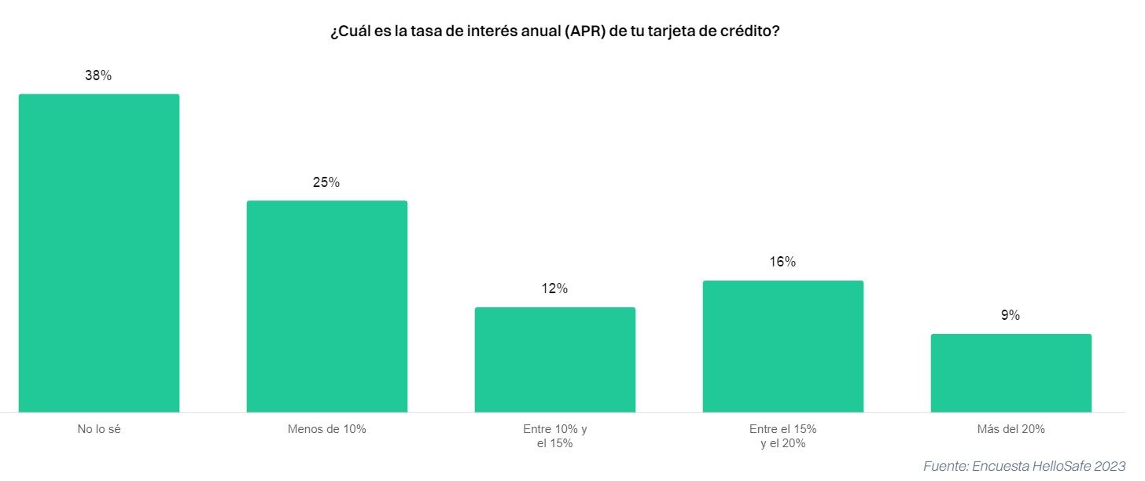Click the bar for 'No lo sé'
(99, 253)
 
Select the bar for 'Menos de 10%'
(327, 307)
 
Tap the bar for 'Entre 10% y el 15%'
(555, 359)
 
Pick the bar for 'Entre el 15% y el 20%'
(783, 346)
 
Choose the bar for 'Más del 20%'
(1011, 373)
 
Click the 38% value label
(99, 76)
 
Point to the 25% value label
(327, 182)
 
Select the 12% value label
(555, 288)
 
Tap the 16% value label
(783, 262)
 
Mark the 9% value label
(1011, 315)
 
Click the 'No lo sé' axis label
(99, 429)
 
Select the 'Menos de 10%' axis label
(327, 429)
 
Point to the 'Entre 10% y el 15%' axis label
(555, 436)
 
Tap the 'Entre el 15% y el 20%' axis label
(783, 436)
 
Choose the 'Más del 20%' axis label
(1011, 429)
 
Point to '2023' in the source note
(1110, 465)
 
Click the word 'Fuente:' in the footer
(946, 465)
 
